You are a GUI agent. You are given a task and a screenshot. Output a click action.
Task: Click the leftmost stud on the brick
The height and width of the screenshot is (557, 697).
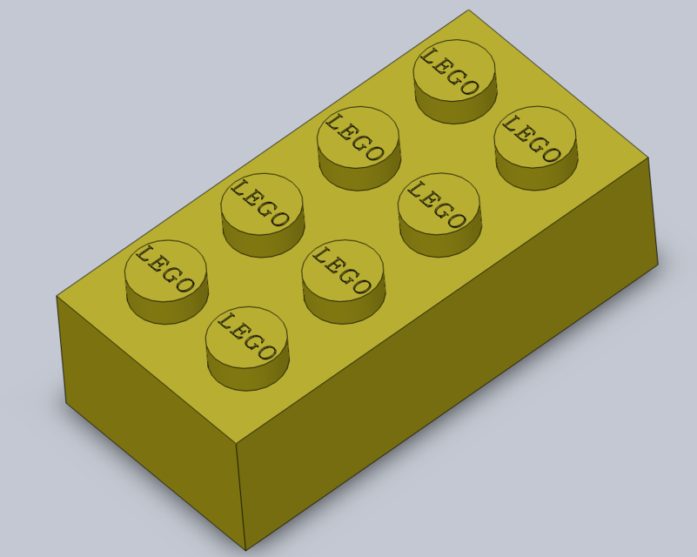(x=165, y=270)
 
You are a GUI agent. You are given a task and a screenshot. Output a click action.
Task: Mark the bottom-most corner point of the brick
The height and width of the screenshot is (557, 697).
(x=245, y=551)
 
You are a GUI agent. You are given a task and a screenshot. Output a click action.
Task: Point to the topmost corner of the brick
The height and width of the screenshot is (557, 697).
(x=469, y=10)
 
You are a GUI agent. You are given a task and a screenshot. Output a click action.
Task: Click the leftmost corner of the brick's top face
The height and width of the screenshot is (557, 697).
(x=57, y=296)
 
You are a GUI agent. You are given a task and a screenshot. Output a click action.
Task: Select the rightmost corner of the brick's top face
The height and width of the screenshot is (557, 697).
(x=649, y=158)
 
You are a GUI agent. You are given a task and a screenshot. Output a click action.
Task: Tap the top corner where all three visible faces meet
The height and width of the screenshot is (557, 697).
(x=237, y=442)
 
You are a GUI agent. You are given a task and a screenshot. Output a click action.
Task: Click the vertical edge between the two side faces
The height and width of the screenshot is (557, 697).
(x=241, y=496)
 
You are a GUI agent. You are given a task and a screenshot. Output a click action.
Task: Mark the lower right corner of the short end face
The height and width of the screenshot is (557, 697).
(x=658, y=265)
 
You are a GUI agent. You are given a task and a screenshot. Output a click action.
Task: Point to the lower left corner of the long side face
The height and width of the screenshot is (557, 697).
(x=66, y=403)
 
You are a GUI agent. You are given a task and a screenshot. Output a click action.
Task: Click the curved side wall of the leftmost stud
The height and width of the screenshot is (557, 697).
(x=165, y=305)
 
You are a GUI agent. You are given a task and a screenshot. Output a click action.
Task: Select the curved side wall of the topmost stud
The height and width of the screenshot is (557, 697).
(x=452, y=109)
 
